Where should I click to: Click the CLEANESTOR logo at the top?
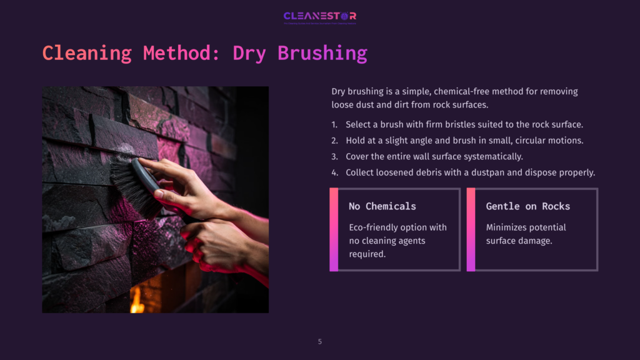pos(319,16)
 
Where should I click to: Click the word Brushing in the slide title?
pos(322,53)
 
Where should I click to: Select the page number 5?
pos(320,341)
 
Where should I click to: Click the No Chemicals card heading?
pos(382,206)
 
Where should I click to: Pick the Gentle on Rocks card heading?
pos(528,206)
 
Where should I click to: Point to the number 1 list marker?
pos(334,124)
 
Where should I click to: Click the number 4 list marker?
pos(334,172)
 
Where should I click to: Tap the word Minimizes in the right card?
pos(507,227)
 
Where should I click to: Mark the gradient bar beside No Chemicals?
pos(334,229)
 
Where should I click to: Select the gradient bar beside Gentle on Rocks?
pos(471,229)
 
